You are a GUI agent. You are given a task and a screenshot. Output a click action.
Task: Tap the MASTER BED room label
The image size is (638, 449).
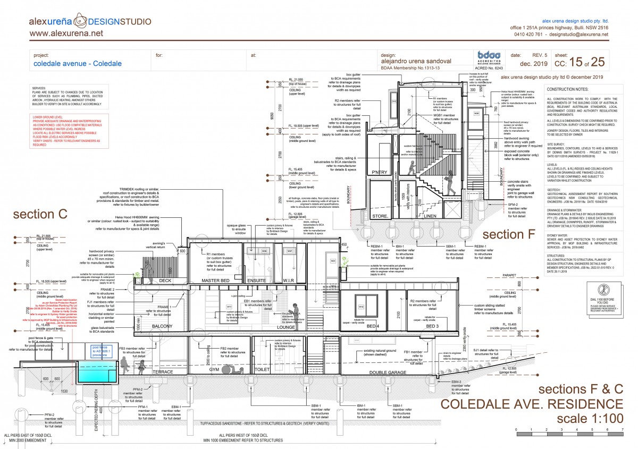215,280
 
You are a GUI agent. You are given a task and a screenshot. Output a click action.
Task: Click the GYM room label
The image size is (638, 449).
214,369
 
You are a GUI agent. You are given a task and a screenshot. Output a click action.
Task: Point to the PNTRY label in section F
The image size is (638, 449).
379,172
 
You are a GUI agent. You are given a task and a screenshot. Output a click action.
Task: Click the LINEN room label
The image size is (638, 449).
429,216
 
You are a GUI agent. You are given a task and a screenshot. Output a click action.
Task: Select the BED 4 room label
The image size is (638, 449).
372,326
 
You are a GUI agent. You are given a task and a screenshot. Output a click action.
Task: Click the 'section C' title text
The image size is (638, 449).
40,214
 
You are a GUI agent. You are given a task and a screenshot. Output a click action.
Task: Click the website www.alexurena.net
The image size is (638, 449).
66,33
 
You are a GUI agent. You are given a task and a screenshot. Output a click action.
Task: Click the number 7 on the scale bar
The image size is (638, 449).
622,428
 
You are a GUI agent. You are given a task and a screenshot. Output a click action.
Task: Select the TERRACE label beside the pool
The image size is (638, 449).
163,372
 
